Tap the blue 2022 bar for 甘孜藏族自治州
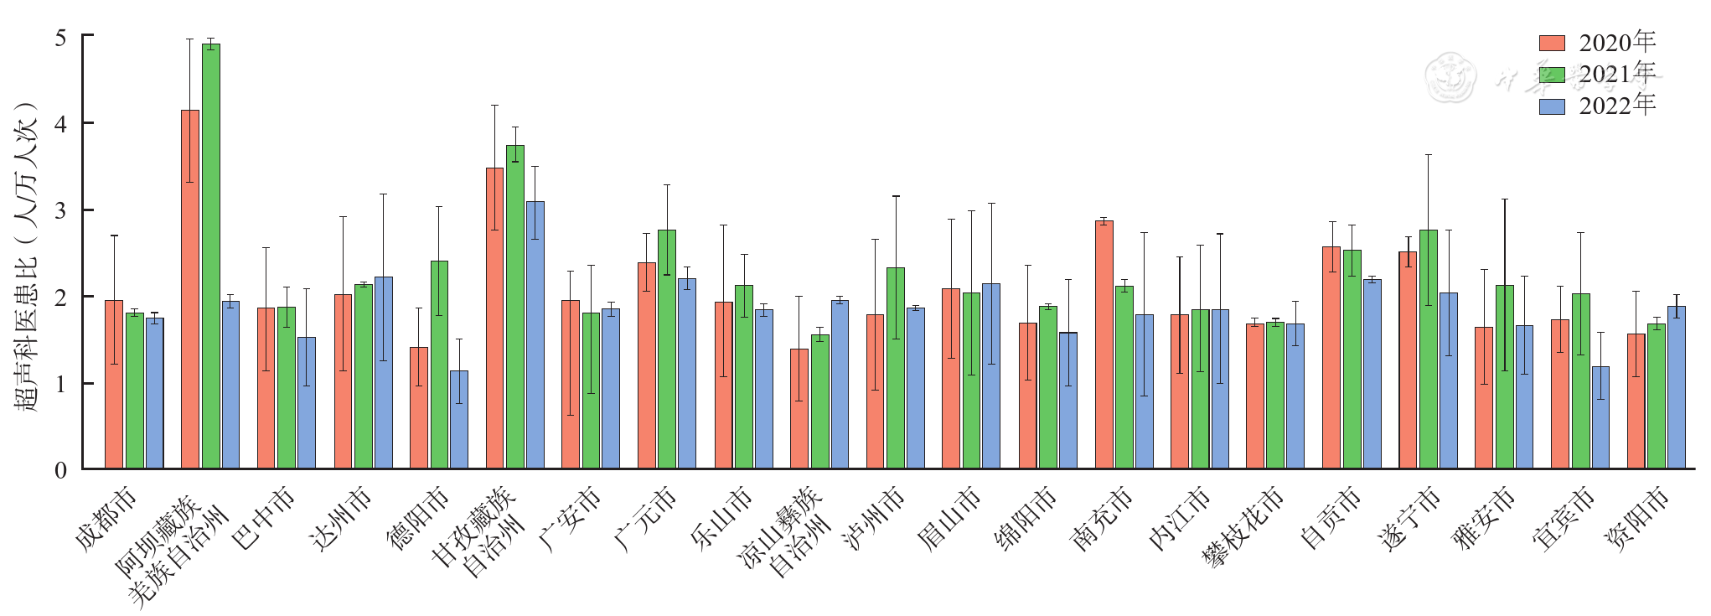[x=535, y=334]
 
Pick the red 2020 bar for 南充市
[x=1104, y=344]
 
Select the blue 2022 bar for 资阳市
[x=1677, y=386]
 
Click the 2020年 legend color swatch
[x=1552, y=44]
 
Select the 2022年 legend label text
[x=1617, y=106]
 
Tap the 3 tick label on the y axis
[x=60, y=210]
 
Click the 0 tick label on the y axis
[x=60, y=470]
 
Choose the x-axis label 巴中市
[x=265, y=518]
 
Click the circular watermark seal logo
[x=1450, y=77]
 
